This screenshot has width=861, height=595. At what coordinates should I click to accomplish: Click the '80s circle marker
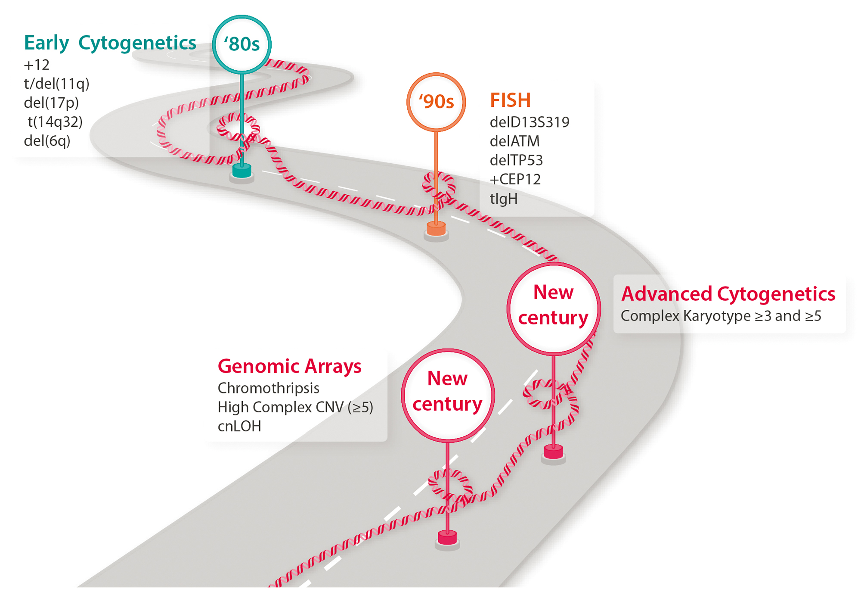click(x=242, y=44)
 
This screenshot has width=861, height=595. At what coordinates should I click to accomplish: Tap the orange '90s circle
click(x=436, y=102)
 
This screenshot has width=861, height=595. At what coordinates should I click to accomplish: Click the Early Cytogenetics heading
click(x=110, y=43)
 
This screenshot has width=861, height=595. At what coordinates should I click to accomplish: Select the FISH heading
click(x=510, y=100)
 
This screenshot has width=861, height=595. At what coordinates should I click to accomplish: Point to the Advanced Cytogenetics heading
click(x=728, y=294)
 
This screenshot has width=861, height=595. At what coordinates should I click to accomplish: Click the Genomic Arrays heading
click(x=289, y=366)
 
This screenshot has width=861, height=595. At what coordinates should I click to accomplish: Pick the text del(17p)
click(x=51, y=103)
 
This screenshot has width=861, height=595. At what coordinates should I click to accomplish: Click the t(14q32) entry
click(x=55, y=122)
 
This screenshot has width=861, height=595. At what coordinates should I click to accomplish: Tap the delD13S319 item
click(x=530, y=122)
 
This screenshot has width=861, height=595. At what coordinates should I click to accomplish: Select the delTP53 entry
click(x=516, y=160)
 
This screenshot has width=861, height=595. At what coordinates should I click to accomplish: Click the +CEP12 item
click(x=515, y=179)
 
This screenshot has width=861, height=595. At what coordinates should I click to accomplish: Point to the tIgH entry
click(x=504, y=199)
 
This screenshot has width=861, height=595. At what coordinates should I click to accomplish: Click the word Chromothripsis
click(x=268, y=388)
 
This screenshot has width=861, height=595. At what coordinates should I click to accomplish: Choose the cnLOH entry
click(x=239, y=426)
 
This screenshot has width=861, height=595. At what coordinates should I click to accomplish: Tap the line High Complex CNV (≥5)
click(x=295, y=407)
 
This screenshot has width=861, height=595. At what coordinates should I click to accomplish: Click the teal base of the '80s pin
click(x=242, y=171)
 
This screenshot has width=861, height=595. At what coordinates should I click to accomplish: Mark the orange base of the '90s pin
click(x=436, y=229)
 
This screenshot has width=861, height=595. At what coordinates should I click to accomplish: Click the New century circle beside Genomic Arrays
click(x=448, y=395)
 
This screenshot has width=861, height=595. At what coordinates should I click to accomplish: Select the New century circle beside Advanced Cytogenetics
click(x=553, y=308)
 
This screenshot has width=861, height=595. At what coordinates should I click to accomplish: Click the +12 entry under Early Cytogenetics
click(x=37, y=65)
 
